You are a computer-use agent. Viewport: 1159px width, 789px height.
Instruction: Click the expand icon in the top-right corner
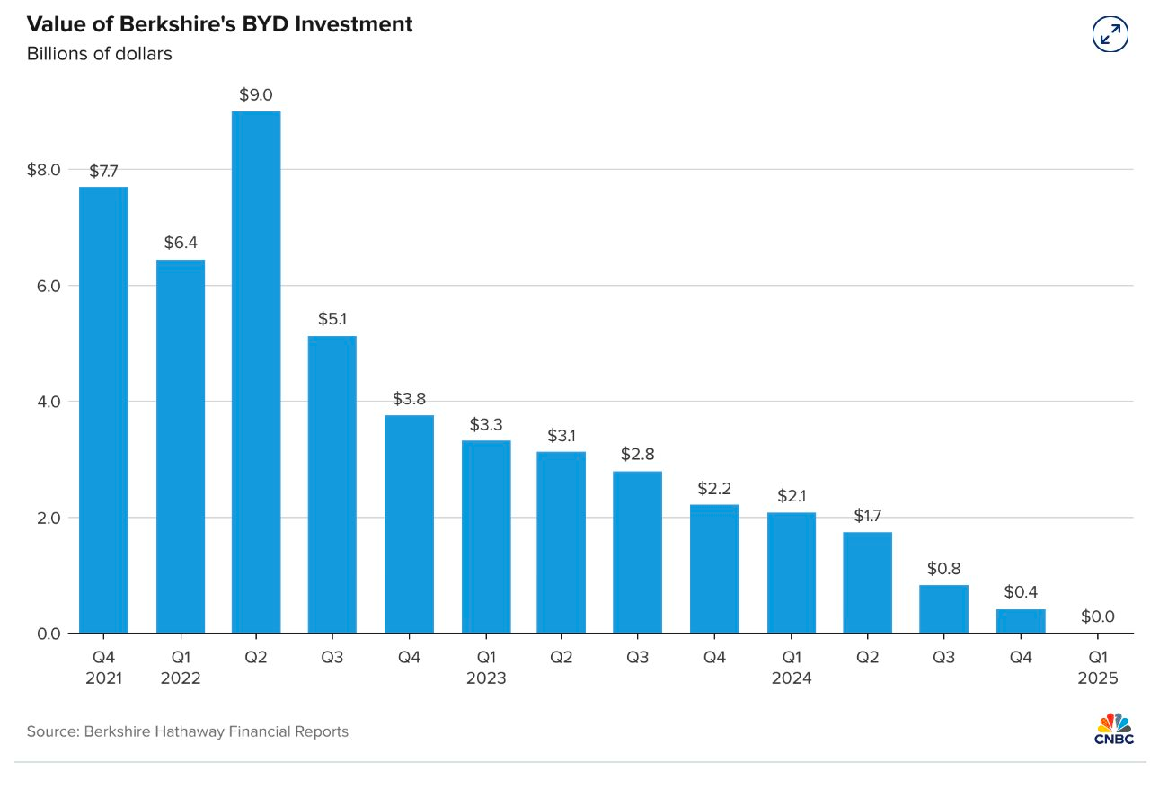1110,34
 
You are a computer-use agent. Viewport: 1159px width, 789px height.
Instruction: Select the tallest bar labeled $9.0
256,372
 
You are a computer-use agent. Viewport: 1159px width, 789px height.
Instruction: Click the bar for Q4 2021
103,410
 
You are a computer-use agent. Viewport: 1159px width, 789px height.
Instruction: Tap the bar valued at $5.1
332,484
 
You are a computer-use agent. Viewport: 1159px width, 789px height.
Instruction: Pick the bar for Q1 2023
486,536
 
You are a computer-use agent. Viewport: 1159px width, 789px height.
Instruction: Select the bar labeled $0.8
943,608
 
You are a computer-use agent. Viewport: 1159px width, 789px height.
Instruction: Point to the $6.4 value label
180,243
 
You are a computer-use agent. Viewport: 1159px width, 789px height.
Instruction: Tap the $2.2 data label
714,489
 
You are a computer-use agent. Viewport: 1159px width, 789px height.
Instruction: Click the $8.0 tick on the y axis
43,170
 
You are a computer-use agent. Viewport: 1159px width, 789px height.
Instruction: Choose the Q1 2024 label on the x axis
791,668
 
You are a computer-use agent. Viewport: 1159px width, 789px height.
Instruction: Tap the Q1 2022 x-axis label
180,668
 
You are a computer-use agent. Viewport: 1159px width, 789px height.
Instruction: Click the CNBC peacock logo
1114,729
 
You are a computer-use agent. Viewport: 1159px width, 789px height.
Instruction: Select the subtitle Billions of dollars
99,54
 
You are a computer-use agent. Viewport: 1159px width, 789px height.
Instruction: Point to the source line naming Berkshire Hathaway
187,731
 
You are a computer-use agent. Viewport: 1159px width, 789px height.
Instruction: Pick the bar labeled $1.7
867,582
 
